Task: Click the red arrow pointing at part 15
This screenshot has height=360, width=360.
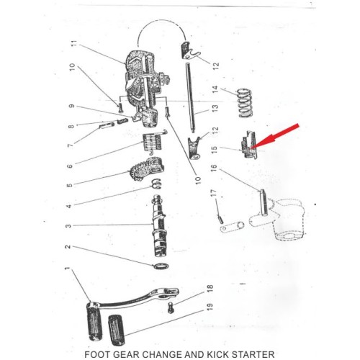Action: point(275,136)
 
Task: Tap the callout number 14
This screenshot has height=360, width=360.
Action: point(215,89)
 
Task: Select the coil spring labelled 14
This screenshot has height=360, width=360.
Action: point(245,103)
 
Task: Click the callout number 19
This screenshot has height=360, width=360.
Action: point(210,307)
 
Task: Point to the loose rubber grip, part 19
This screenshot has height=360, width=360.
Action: point(117,330)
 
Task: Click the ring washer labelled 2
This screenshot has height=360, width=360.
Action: point(161,266)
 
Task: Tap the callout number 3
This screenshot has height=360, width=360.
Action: point(68,226)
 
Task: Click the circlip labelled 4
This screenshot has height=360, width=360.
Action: point(156,184)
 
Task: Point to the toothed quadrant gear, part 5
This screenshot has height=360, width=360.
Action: point(146,168)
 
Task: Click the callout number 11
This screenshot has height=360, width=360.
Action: point(75,43)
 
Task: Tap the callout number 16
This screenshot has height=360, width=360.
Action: point(214,168)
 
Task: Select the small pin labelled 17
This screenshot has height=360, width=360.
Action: point(221,219)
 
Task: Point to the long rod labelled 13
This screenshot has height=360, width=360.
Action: point(190,97)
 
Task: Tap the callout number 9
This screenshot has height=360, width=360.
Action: point(71,106)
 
